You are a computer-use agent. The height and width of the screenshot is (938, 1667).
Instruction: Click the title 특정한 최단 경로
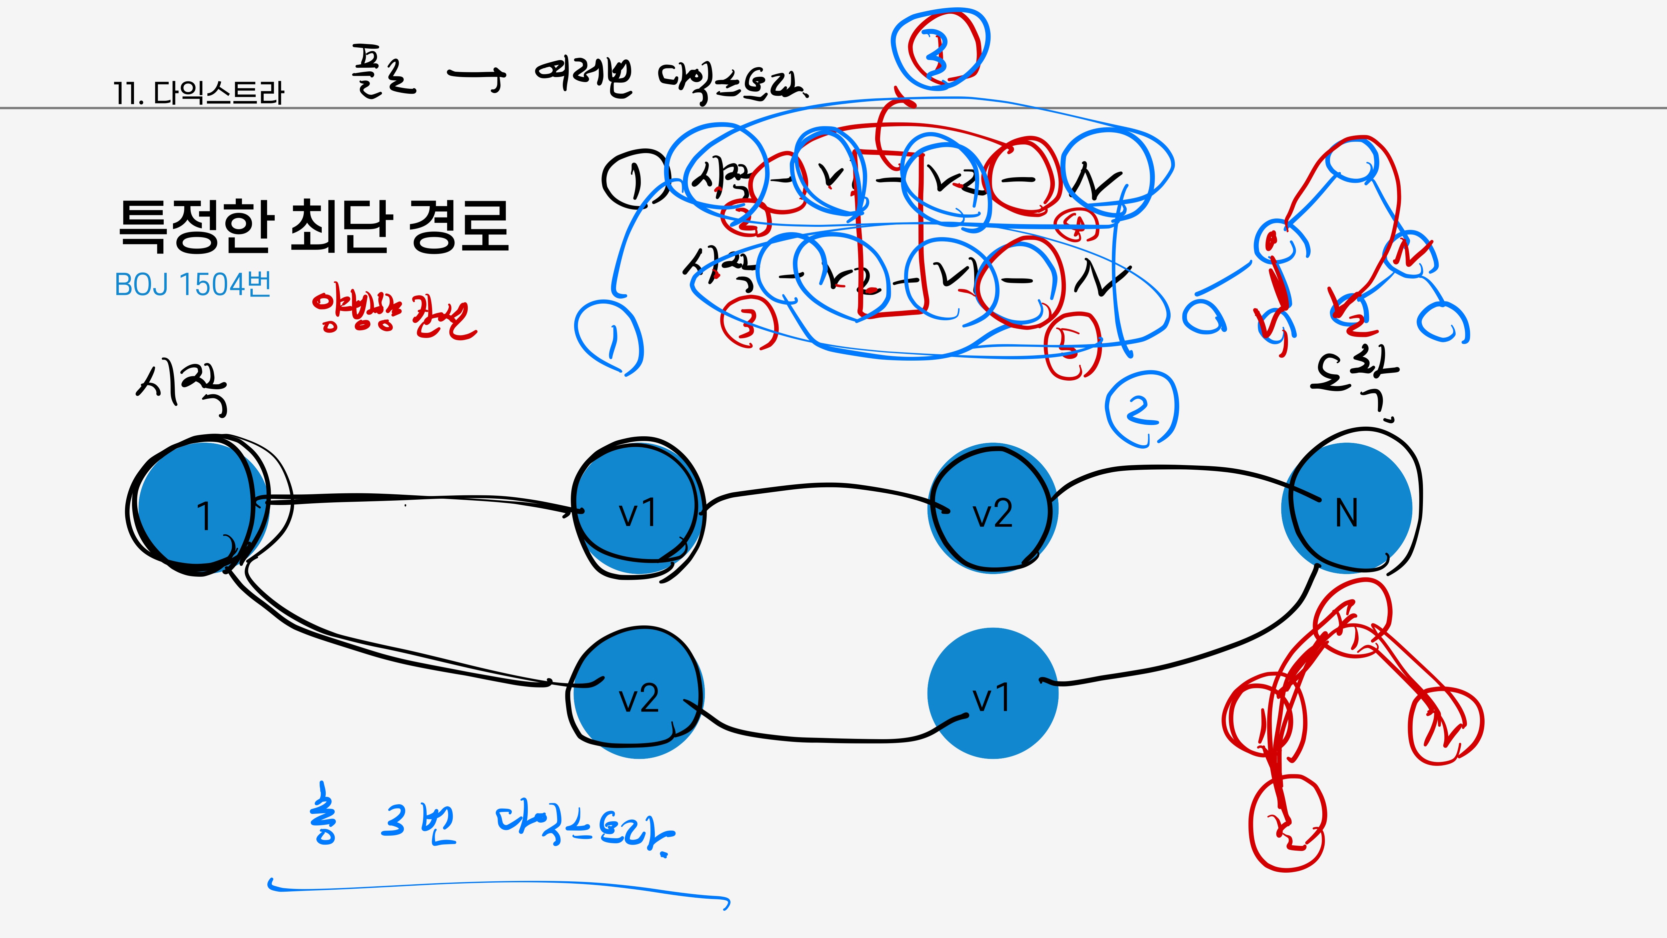[314, 226]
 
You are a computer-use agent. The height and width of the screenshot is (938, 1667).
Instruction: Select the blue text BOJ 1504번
[192, 285]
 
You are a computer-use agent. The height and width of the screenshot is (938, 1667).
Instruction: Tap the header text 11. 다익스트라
[199, 93]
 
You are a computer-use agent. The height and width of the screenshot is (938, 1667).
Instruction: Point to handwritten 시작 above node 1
[181, 388]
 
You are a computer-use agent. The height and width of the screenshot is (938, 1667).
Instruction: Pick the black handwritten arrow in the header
[476, 78]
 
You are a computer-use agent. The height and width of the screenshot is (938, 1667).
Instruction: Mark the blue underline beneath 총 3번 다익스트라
[498, 886]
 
